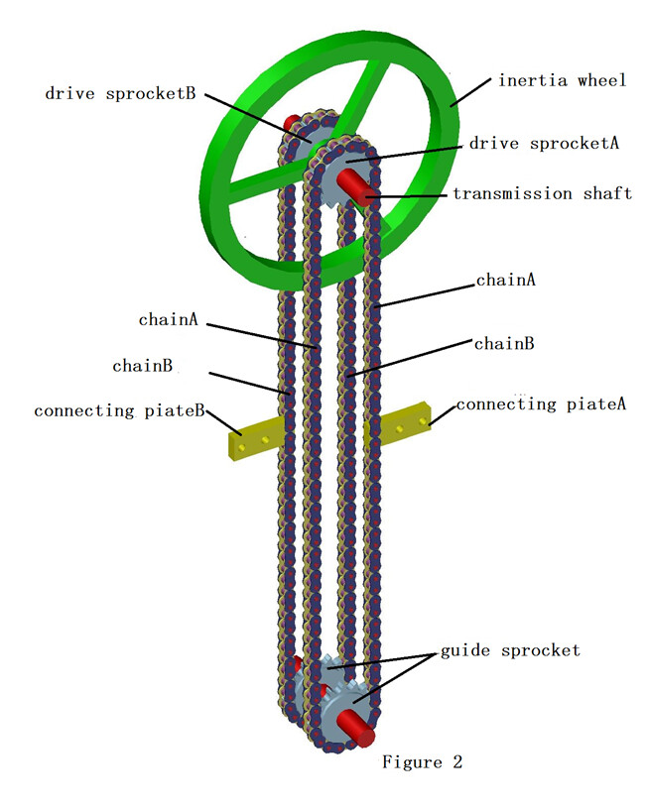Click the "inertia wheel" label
[563, 80]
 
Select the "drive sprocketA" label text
[544, 143]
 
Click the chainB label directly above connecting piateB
[143, 366]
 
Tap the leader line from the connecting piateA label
[443, 413]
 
